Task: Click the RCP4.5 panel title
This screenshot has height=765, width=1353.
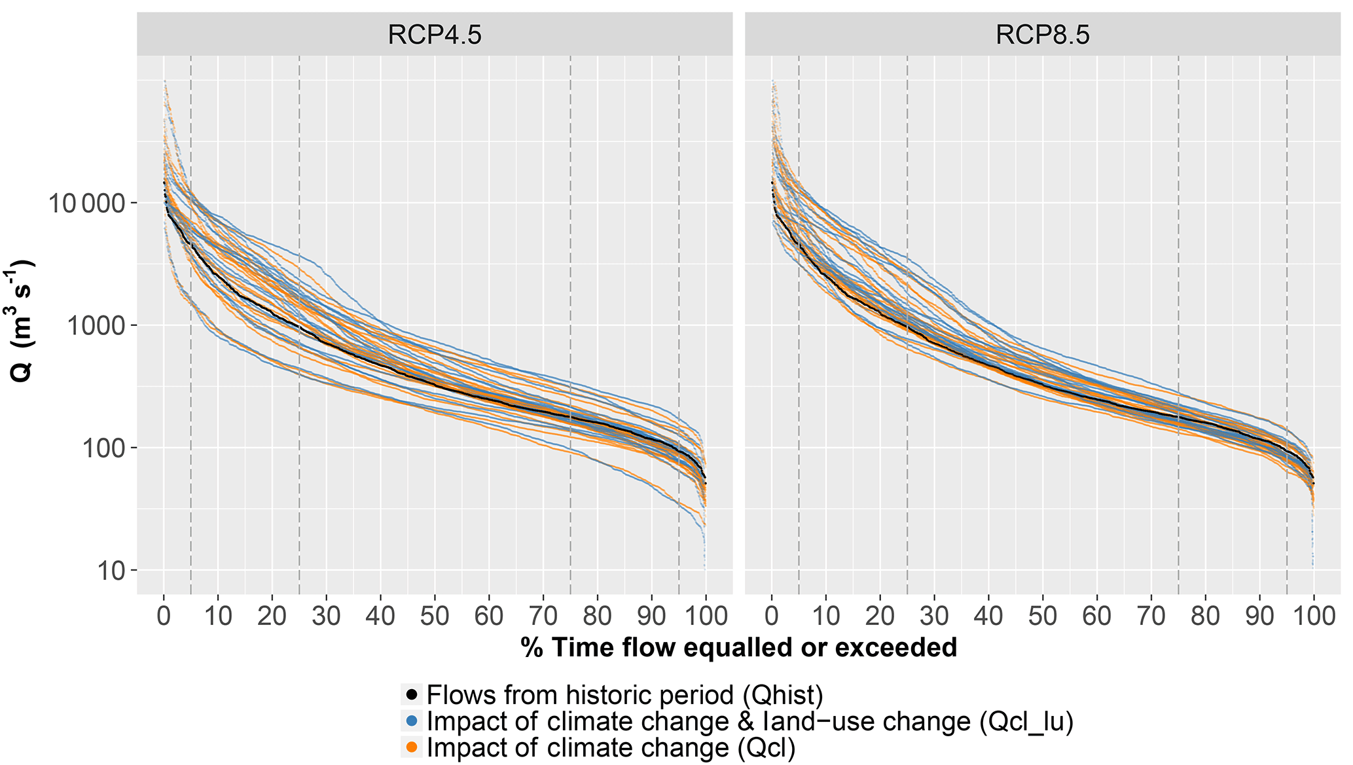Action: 434,35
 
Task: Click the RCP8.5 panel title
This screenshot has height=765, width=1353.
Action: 1042,35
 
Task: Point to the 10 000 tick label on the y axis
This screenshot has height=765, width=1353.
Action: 86,204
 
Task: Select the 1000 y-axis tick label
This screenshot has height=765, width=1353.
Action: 98,326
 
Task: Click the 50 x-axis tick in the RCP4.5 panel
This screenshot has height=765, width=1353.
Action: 435,616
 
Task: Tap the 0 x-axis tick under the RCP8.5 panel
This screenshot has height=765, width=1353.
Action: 772,616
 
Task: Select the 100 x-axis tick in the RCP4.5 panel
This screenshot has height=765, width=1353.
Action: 705,616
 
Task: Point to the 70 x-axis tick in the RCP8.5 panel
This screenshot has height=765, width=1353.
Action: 1151,616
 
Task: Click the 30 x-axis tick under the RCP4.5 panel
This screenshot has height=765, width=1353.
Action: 326,616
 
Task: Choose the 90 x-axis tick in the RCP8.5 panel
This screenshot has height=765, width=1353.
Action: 1259,616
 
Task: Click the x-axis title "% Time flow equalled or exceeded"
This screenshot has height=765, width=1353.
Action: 738,648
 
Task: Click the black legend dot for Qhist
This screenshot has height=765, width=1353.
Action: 412,694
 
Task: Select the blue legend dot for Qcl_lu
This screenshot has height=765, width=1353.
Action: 412,721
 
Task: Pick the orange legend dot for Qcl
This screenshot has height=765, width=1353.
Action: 412,747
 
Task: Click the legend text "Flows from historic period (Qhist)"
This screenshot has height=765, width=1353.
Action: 624,694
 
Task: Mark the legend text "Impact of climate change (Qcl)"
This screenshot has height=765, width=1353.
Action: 611,747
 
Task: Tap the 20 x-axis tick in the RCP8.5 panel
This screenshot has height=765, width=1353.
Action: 880,616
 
